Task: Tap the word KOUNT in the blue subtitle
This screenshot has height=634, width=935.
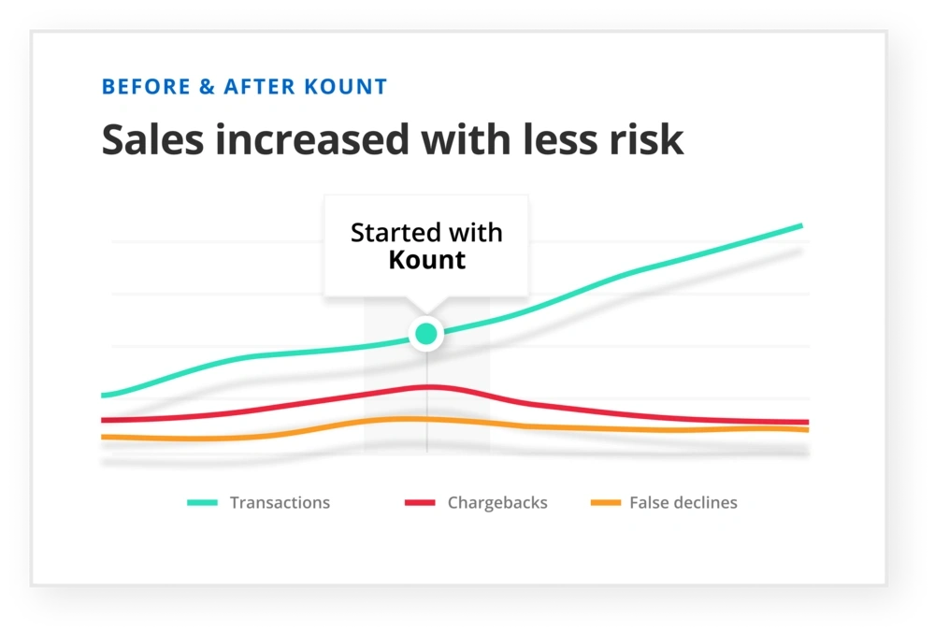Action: click(345, 88)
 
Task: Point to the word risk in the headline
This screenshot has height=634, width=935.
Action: click(647, 140)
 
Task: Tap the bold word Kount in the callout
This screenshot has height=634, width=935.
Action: click(426, 260)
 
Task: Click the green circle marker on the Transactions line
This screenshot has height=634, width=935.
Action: click(426, 333)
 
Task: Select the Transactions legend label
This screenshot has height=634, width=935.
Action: click(280, 503)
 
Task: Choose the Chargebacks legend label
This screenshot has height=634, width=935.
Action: click(497, 503)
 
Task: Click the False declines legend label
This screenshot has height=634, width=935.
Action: click(683, 503)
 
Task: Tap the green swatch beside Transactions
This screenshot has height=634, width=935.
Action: click(202, 503)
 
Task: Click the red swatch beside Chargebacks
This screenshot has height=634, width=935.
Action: click(420, 503)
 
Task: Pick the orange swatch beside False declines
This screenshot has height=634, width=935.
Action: click(606, 503)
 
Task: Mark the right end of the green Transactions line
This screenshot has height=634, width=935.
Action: click(800, 225)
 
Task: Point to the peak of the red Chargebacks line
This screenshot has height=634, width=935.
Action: click(426, 386)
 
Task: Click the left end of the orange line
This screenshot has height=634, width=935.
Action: click(103, 437)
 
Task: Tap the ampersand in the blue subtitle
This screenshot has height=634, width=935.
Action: click(207, 88)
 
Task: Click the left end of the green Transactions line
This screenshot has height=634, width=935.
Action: click(103, 396)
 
